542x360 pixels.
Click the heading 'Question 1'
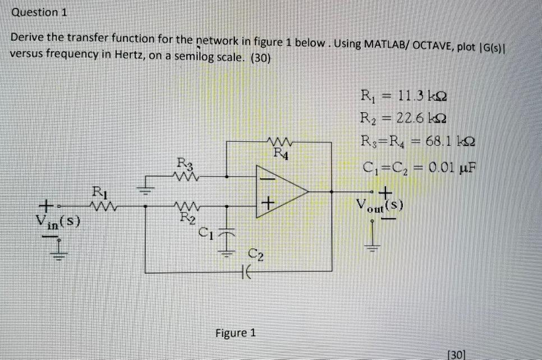39,12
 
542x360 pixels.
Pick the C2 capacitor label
256,257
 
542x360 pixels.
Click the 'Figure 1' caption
236,333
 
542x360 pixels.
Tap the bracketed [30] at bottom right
456,354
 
